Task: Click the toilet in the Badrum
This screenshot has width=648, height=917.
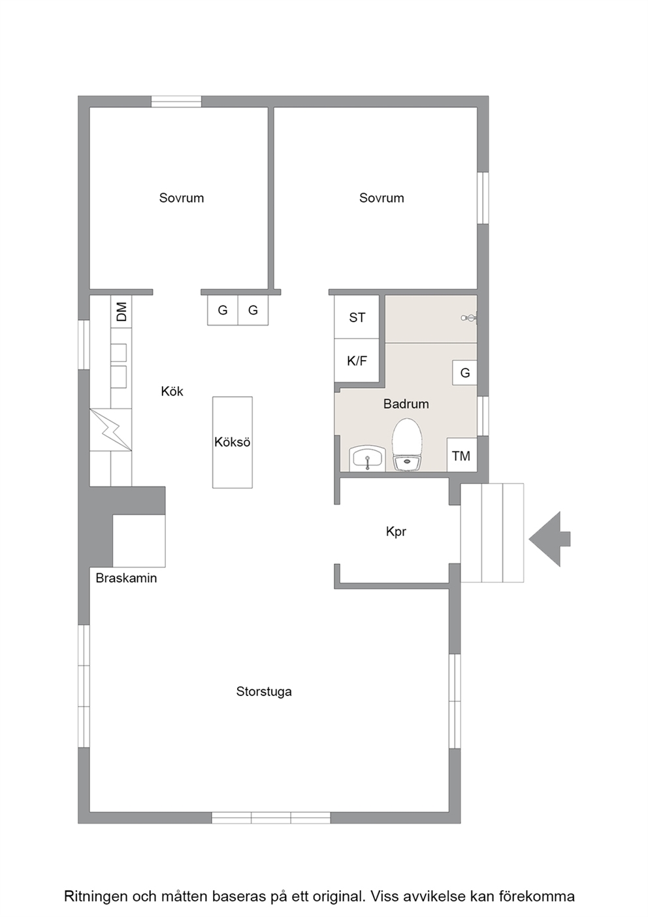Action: pyautogui.click(x=407, y=444)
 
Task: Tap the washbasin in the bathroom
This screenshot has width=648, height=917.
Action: pyautogui.click(x=367, y=459)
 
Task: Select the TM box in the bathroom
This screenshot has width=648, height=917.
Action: pyautogui.click(x=462, y=455)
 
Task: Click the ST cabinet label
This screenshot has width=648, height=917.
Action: pyautogui.click(x=357, y=318)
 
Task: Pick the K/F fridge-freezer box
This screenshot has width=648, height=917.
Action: pyautogui.click(x=357, y=361)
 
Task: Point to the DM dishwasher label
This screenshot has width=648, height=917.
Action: pyautogui.click(x=121, y=312)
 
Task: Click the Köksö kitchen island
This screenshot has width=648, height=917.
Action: pyautogui.click(x=233, y=442)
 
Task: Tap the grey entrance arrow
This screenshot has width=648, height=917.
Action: pyautogui.click(x=549, y=539)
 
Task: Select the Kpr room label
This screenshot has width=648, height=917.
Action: pyautogui.click(x=396, y=532)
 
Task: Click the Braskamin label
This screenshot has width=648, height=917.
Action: pyautogui.click(x=126, y=578)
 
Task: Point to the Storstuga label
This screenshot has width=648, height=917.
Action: pyautogui.click(x=264, y=692)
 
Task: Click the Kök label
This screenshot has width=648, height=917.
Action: pyautogui.click(x=172, y=392)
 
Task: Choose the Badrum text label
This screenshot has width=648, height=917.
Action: pyautogui.click(x=406, y=404)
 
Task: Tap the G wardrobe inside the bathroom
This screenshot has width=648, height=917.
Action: pyautogui.click(x=464, y=373)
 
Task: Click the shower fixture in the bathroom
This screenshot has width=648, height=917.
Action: pyautogui.click(x=469, y=318)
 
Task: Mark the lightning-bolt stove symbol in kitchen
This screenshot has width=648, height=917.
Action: pyautogui.click(x=111, y=429)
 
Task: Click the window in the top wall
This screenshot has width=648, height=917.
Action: pyautogui.click(x=176, y=101)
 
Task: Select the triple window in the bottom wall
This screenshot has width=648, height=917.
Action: pyautogui.click(x=271, y=818)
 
